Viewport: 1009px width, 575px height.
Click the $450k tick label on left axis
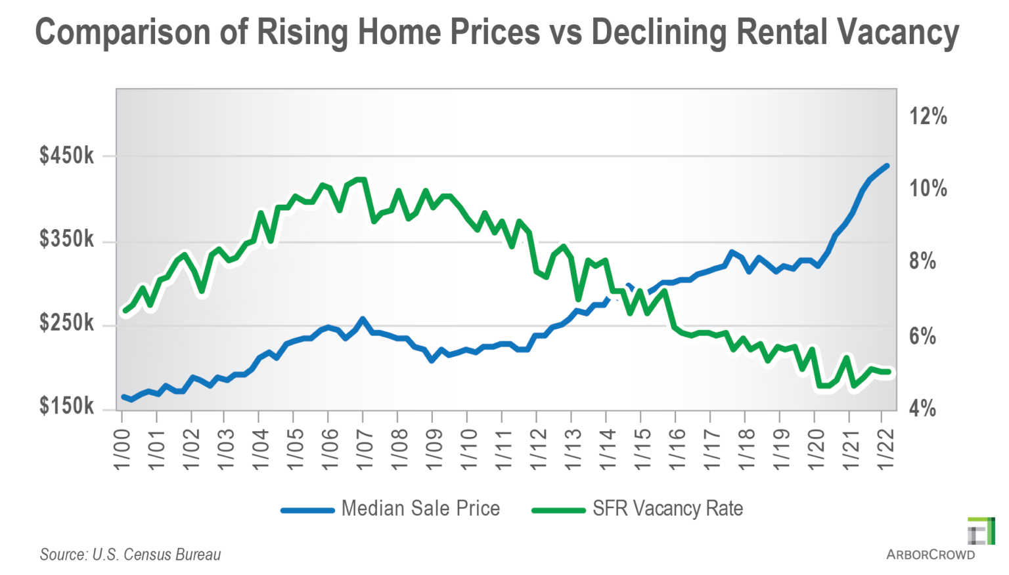pos(66,156)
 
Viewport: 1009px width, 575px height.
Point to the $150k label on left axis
pos(66,406)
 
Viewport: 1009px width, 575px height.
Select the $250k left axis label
pos(66,323)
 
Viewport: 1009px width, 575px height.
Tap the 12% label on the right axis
pos(928,116)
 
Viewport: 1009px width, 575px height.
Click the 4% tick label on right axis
pos(922,408)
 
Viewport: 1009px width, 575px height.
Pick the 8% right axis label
pos(922,261)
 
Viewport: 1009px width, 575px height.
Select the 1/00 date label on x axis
pos(122,449)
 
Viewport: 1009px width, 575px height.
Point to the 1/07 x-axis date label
pos(364,449)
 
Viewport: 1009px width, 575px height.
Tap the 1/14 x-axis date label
pos(607,449)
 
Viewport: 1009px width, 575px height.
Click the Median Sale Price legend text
pos(420,509)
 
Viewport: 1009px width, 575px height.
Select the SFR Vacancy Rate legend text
pos(667,509)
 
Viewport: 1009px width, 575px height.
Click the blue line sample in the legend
pos(307,510)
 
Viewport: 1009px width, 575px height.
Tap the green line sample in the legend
pos(558,510)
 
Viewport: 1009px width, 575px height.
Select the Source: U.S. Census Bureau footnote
pos(130,555)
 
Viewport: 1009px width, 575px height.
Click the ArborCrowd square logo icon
pos(981,531)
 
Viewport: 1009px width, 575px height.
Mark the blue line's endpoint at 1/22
pos(887,166)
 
